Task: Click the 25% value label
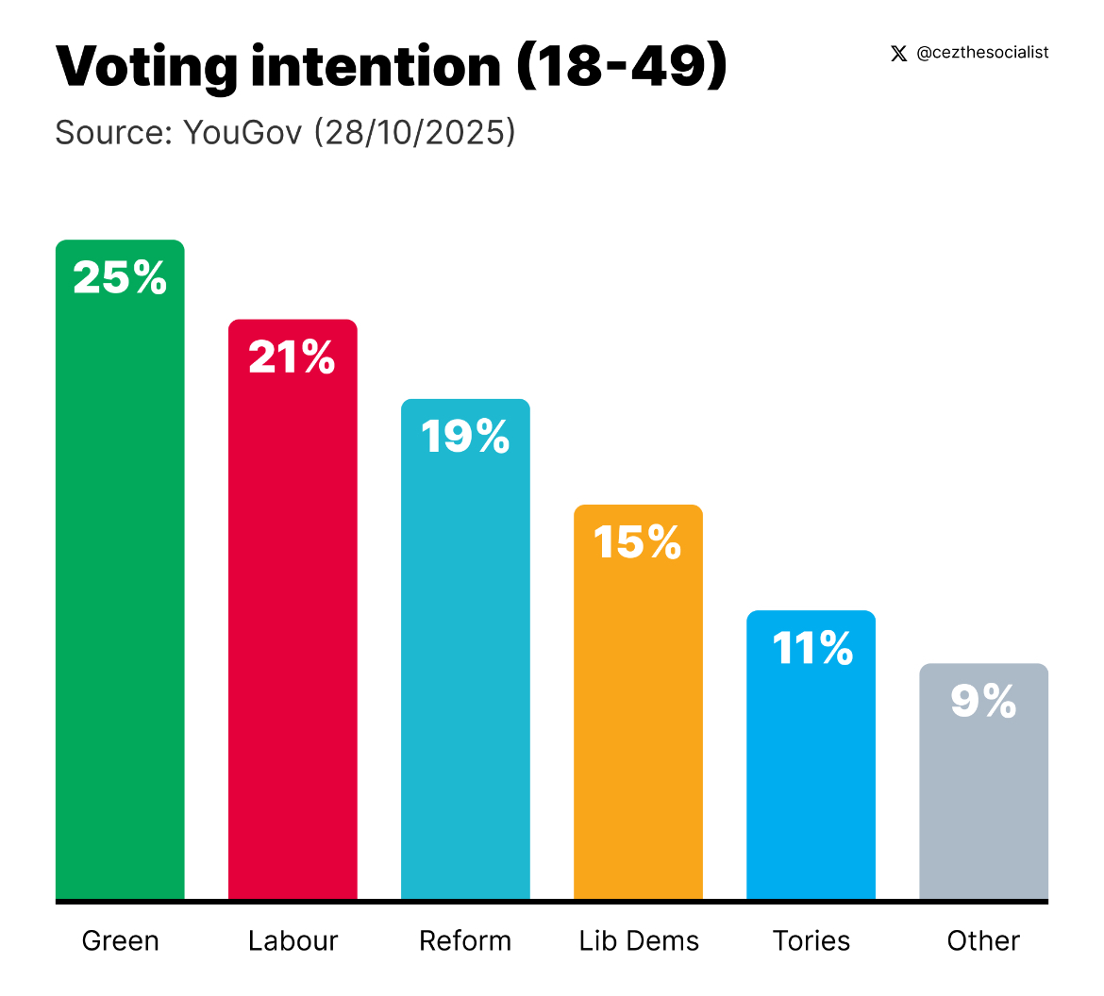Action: tap(120, 278)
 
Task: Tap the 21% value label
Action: tap(292, 357)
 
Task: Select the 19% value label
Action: tap(465, 437)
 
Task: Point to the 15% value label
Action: tap(638, 542)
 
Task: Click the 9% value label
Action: tap(983, 702)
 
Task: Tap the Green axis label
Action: tap(121, 940)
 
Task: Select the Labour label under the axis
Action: tap(293, 940)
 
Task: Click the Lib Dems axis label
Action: tap(639, 940)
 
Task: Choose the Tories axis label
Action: tap(811, 940)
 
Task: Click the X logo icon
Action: tap(898, 54)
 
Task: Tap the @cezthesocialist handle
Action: tap(982, 53)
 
